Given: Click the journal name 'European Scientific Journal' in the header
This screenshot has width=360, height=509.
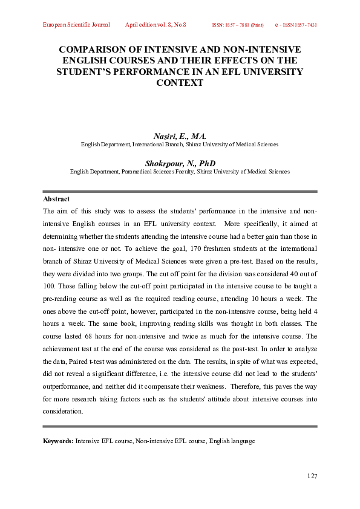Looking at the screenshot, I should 76,25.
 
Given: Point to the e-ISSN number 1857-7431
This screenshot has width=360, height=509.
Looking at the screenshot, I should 303,25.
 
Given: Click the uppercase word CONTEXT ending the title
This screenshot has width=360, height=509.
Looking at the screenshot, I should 180,83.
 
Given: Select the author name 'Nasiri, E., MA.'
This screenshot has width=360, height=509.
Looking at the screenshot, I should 180,137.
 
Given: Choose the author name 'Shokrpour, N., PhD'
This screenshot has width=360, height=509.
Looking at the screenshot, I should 180,163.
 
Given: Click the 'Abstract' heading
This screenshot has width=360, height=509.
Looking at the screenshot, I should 56,199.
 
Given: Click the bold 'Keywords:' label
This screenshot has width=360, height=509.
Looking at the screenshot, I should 58,441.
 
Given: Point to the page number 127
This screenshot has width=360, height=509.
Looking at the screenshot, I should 312,476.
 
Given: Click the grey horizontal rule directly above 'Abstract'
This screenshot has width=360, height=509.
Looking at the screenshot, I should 180,191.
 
